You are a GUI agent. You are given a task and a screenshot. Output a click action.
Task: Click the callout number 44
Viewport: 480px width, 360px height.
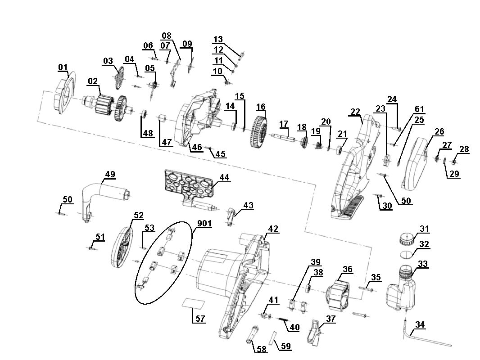click(x=224, y=178)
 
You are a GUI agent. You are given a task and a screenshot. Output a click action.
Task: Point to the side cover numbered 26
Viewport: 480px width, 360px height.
click(x=416, y=162)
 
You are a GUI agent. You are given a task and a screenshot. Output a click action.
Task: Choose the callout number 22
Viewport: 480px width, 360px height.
click(x=355, y=112)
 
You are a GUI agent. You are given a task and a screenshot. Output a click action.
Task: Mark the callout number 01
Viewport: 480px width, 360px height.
click(x=63, y=67)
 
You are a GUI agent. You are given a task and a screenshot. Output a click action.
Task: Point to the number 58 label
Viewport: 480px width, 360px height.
click(x=262, y=349)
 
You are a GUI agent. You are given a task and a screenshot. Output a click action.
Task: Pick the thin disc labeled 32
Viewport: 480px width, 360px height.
click(x=407, y=254)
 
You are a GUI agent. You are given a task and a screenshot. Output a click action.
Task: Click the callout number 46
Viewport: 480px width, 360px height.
click(x=197, y=147)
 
